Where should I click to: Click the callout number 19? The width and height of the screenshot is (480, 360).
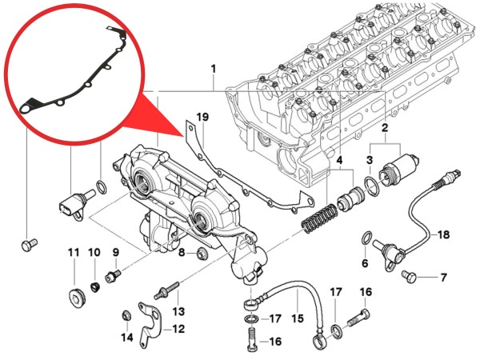(x=202, y=118)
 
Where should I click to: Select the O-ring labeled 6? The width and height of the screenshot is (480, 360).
(x=365, y=238)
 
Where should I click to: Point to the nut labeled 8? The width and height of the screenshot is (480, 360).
(x=200, y=254)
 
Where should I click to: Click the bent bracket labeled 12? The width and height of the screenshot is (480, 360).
(x=145, y=319)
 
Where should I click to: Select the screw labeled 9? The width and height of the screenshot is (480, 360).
(x=111, y=274)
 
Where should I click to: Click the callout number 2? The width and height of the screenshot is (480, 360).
(x=385, y=128)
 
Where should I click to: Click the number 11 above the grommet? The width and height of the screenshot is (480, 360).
(x=73, y=254)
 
